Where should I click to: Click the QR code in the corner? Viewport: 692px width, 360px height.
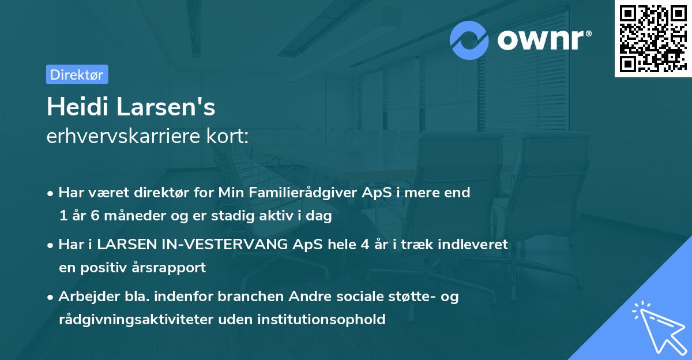pyautogui.click(x=653, y=39)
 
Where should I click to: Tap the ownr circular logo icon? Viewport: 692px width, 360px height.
pyautogui.click(x=469, y=40)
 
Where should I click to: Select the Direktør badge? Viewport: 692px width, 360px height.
pyautogui.click(x=77, y=74)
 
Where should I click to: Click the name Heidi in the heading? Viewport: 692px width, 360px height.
pyautogui.click(x=74, y=107)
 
